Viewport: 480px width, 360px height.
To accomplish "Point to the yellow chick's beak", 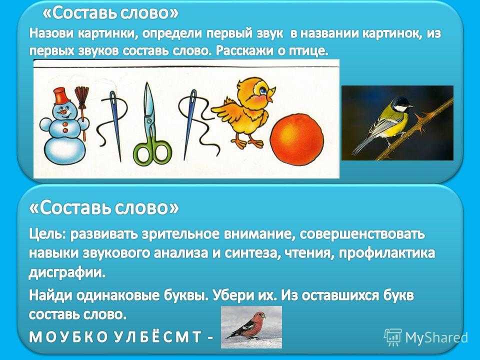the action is pos(270,93).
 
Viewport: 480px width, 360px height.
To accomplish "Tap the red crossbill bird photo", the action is pos(251,327).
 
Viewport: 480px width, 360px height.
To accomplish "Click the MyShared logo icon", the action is pos(393,337).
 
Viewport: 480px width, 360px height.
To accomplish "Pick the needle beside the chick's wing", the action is pos(190,124).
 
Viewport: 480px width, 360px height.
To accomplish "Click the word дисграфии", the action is pos(67,272).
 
